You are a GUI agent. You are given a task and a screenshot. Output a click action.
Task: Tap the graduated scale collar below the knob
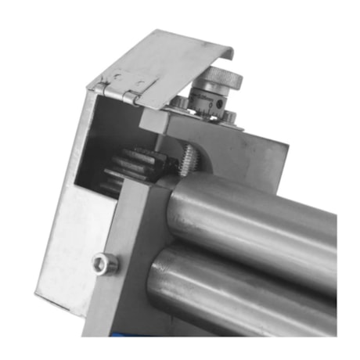(x=209, y=102)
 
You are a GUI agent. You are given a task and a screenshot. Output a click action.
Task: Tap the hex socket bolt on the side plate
(x=102, y=264)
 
